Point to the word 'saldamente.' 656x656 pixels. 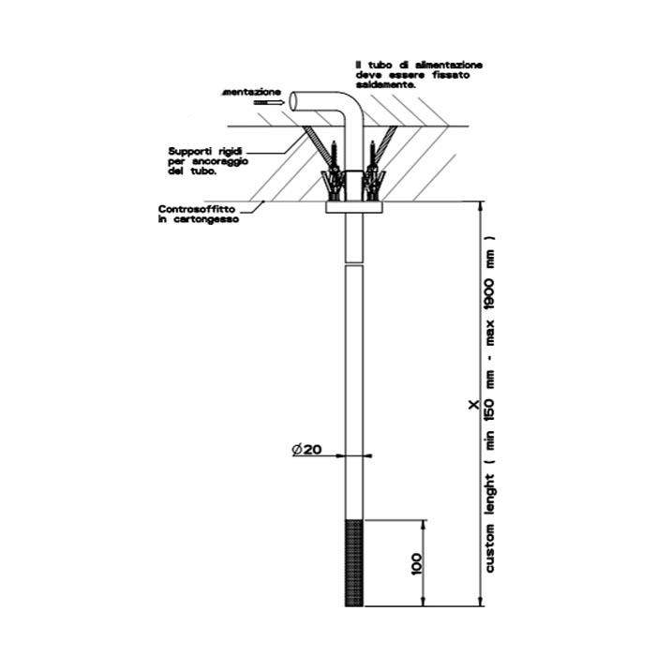click(385, 83)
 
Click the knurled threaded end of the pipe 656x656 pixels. click(353, 561)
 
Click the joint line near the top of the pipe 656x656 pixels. click(354, 264)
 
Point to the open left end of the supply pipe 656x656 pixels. click(292, 101)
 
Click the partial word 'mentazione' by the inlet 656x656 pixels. click(251, 92)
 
